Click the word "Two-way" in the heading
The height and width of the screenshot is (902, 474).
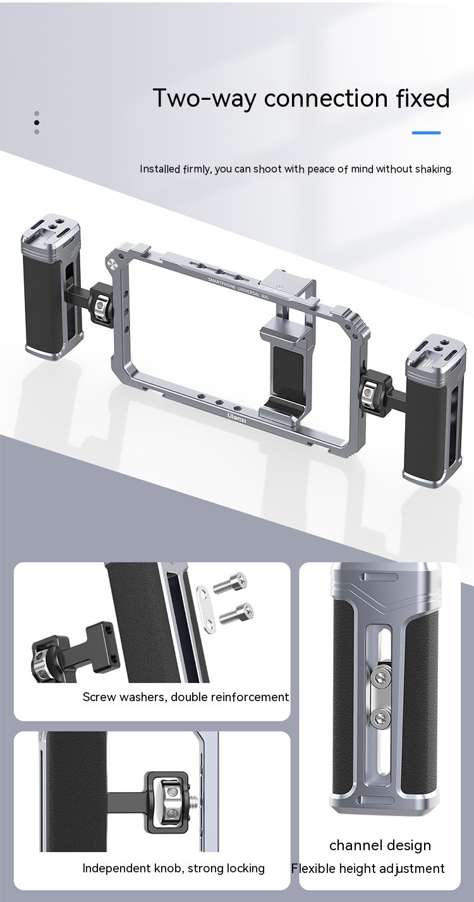tap(204, 99)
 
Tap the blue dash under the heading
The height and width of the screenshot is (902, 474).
tap(426, 133)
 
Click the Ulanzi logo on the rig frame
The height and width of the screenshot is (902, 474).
tap(236, 417)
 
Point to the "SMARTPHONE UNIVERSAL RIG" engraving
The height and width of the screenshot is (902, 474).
tap(238, 288)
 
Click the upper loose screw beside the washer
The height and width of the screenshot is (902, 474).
tap(230, 582)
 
